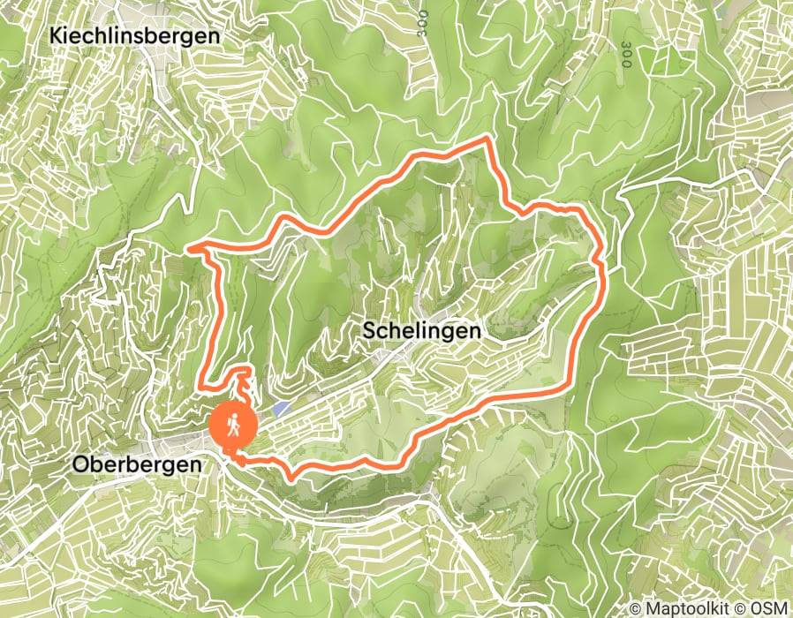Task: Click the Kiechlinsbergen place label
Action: point(135,37)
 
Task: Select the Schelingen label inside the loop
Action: point(422,330)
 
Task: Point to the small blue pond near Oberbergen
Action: point(281,409)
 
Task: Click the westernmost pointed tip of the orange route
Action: point(190,248)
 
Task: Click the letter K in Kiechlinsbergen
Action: point(57,37)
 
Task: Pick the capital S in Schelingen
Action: point(369,330)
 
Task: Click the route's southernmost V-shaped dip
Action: point(292,478)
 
